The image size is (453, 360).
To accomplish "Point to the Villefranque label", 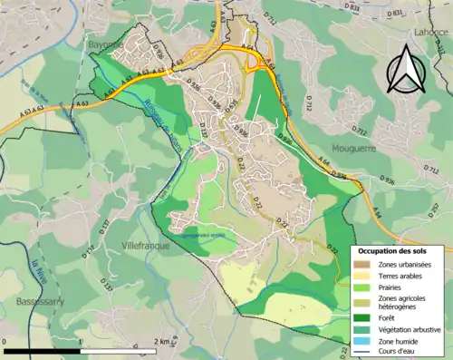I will (147, 245).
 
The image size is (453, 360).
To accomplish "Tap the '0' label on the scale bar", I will (5, 343).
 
